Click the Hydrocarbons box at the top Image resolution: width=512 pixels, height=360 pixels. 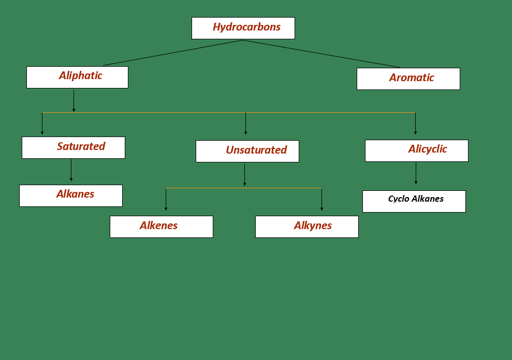pos(243,28)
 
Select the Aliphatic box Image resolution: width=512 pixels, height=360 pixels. pos(77,77)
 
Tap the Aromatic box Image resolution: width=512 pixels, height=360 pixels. pos(408,79)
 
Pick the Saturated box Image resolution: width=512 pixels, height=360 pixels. pos(73,147)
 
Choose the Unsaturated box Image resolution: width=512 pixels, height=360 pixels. pos(247,151)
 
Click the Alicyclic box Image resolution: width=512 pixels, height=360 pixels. pos(416,151)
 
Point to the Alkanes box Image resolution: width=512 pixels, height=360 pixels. pos(71,196)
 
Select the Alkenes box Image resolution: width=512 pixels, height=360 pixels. pos(161,227)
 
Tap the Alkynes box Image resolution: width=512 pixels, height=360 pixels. pos(306,227)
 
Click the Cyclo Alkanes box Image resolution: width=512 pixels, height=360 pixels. pos(414,201)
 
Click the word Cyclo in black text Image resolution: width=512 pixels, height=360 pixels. pos(399,199)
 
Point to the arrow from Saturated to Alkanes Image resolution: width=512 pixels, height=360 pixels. pos(71,170)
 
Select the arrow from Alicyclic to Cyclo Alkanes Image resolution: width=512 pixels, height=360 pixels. pos(416,173)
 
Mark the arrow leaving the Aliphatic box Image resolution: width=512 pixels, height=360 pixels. pos(74,101)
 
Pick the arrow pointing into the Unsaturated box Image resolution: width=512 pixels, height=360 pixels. pos(245,124)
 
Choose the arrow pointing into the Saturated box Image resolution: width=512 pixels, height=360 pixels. pos(42,124)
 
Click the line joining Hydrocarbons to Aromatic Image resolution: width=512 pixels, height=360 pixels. pos(321,54)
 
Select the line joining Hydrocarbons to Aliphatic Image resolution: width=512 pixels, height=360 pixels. pos(173,53)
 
